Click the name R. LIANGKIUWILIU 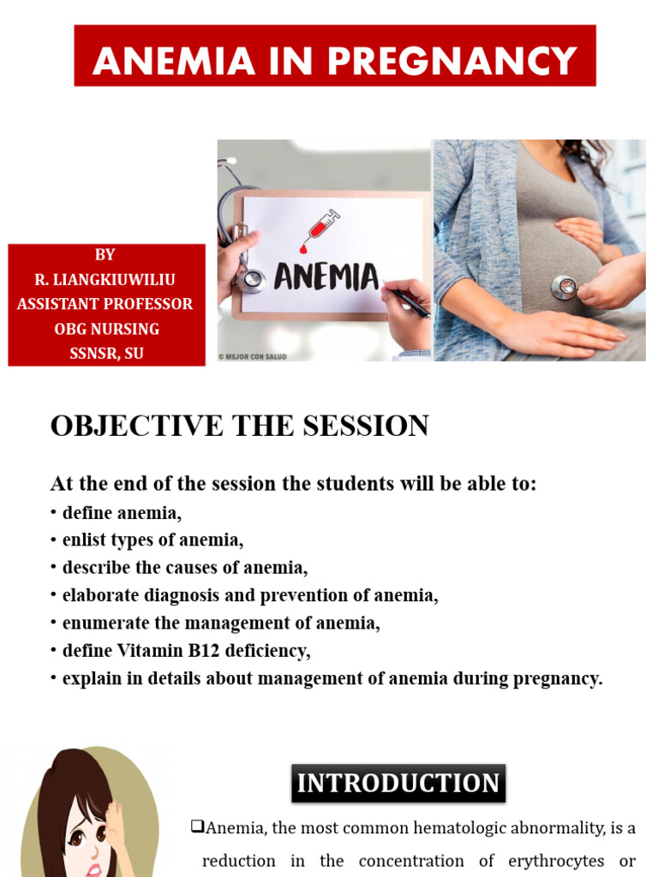point(105,279)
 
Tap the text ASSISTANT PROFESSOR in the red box point(105,304)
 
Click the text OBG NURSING point(106,329)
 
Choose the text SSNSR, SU point(106,353)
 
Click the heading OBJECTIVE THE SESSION point(239,426)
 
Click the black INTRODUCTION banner point(398,784)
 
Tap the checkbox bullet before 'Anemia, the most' point(197,827)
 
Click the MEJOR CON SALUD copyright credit point(252,356)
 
